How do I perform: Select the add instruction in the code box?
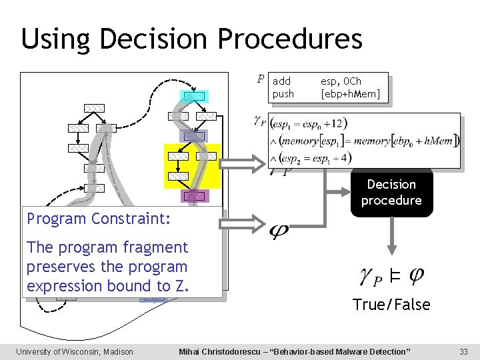coord(282,81)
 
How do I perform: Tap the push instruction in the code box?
coord(283,94)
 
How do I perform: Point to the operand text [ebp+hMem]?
coord(350,94)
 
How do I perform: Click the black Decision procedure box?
coord(391,193)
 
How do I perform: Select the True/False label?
coord(391,305)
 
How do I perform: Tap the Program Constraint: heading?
coord(99,219)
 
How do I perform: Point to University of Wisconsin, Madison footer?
coord(75,351)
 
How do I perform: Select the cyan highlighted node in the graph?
coord(194,97)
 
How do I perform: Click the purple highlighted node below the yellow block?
coord(194,196)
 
